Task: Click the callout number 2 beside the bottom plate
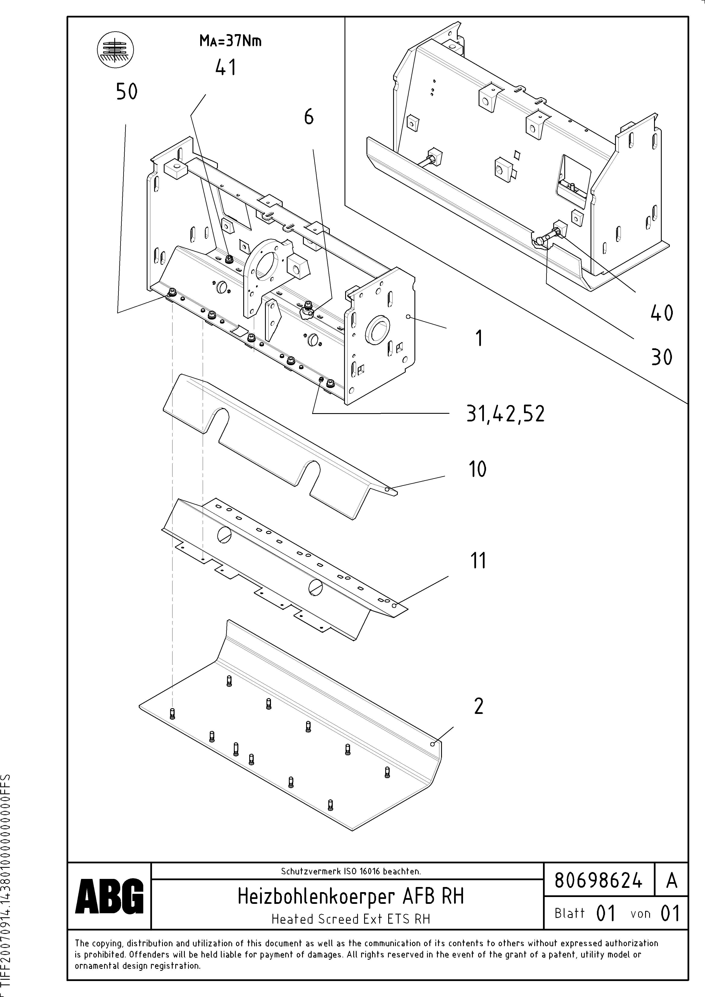[x=478, y=706]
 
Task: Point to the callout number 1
[x=479, y=338]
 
